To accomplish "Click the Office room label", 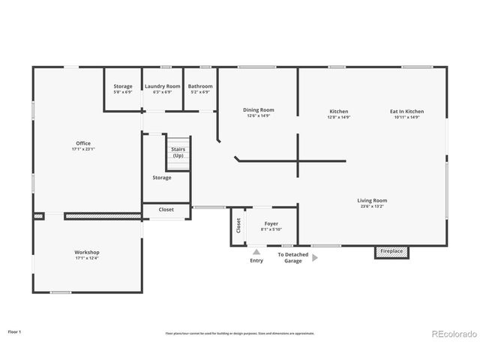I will (82, 143).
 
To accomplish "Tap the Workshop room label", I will (87, 252).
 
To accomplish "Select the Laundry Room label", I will (163, 86).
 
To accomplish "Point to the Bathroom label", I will (200, 86).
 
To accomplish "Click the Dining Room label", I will (258, 110).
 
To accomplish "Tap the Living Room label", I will (371, 200).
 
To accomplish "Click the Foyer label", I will (271, 223).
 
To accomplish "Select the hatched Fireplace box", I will (392, 251).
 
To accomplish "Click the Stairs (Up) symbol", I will (178, 153).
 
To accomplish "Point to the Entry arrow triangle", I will (256, 253).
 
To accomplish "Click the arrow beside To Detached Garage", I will (315, 257).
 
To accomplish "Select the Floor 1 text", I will (15, 331).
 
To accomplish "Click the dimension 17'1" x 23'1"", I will (82, 148).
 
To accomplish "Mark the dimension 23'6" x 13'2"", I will (371, 206).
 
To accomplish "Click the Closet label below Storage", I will (166, 210).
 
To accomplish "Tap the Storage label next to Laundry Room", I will (123, 86).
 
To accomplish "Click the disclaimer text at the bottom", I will (240, 333).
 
